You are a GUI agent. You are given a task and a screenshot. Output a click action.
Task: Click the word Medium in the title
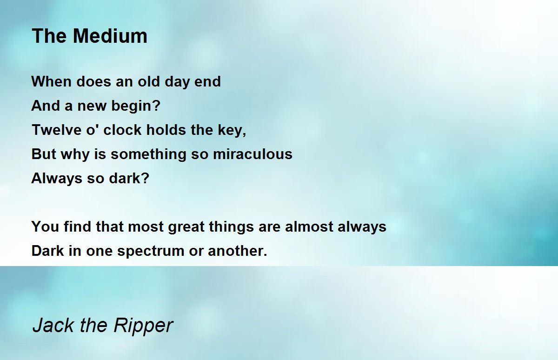[110, 36]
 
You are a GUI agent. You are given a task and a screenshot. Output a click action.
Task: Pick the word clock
[122, 130]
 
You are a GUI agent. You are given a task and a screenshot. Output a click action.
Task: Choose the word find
[77, 227]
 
